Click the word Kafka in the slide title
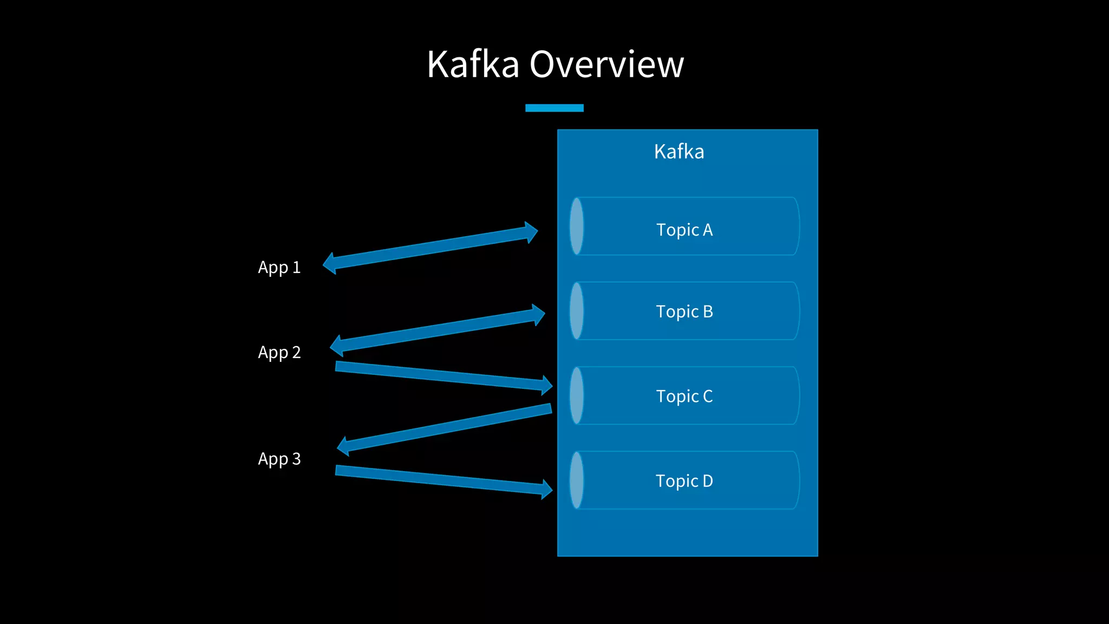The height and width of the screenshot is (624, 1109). pyautogui.click(x=473, y=64)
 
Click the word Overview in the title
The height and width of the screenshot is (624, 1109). pyautogui.click(x=606, y=64)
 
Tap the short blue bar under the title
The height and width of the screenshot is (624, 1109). pyautogui.click(x=554, y=108)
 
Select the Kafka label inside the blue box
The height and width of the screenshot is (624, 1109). pyautogui.click(x=679, y=152)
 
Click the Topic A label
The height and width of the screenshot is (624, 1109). pyautogui.click(x=684, y=230)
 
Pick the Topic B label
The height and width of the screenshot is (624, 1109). pyautogui.click(x=684, y=311)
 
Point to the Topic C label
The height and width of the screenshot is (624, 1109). pyautogui.click(x=684, y=396)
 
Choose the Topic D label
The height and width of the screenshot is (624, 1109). pyautogui.click(x=684, y=481)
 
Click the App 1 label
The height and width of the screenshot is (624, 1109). pyautogui.click(x=279, y=268)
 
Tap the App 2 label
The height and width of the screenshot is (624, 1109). pyautogui.click(x=279, y=353)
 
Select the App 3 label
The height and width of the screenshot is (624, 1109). pyautogui.click(x=279, y=459)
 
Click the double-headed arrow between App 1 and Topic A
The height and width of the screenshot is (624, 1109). pyautogui.click(x=430, y=248)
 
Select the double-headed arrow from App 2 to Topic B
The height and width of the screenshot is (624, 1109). pyautogui.click(x=438, y=330)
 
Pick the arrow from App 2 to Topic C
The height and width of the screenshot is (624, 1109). pyautogui.click(x=441, y=375)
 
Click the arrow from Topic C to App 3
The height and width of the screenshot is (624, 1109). pyautogui.click(x=444, y=428)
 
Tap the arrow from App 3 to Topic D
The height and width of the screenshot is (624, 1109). pyautogui.click(x=441, y=479)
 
